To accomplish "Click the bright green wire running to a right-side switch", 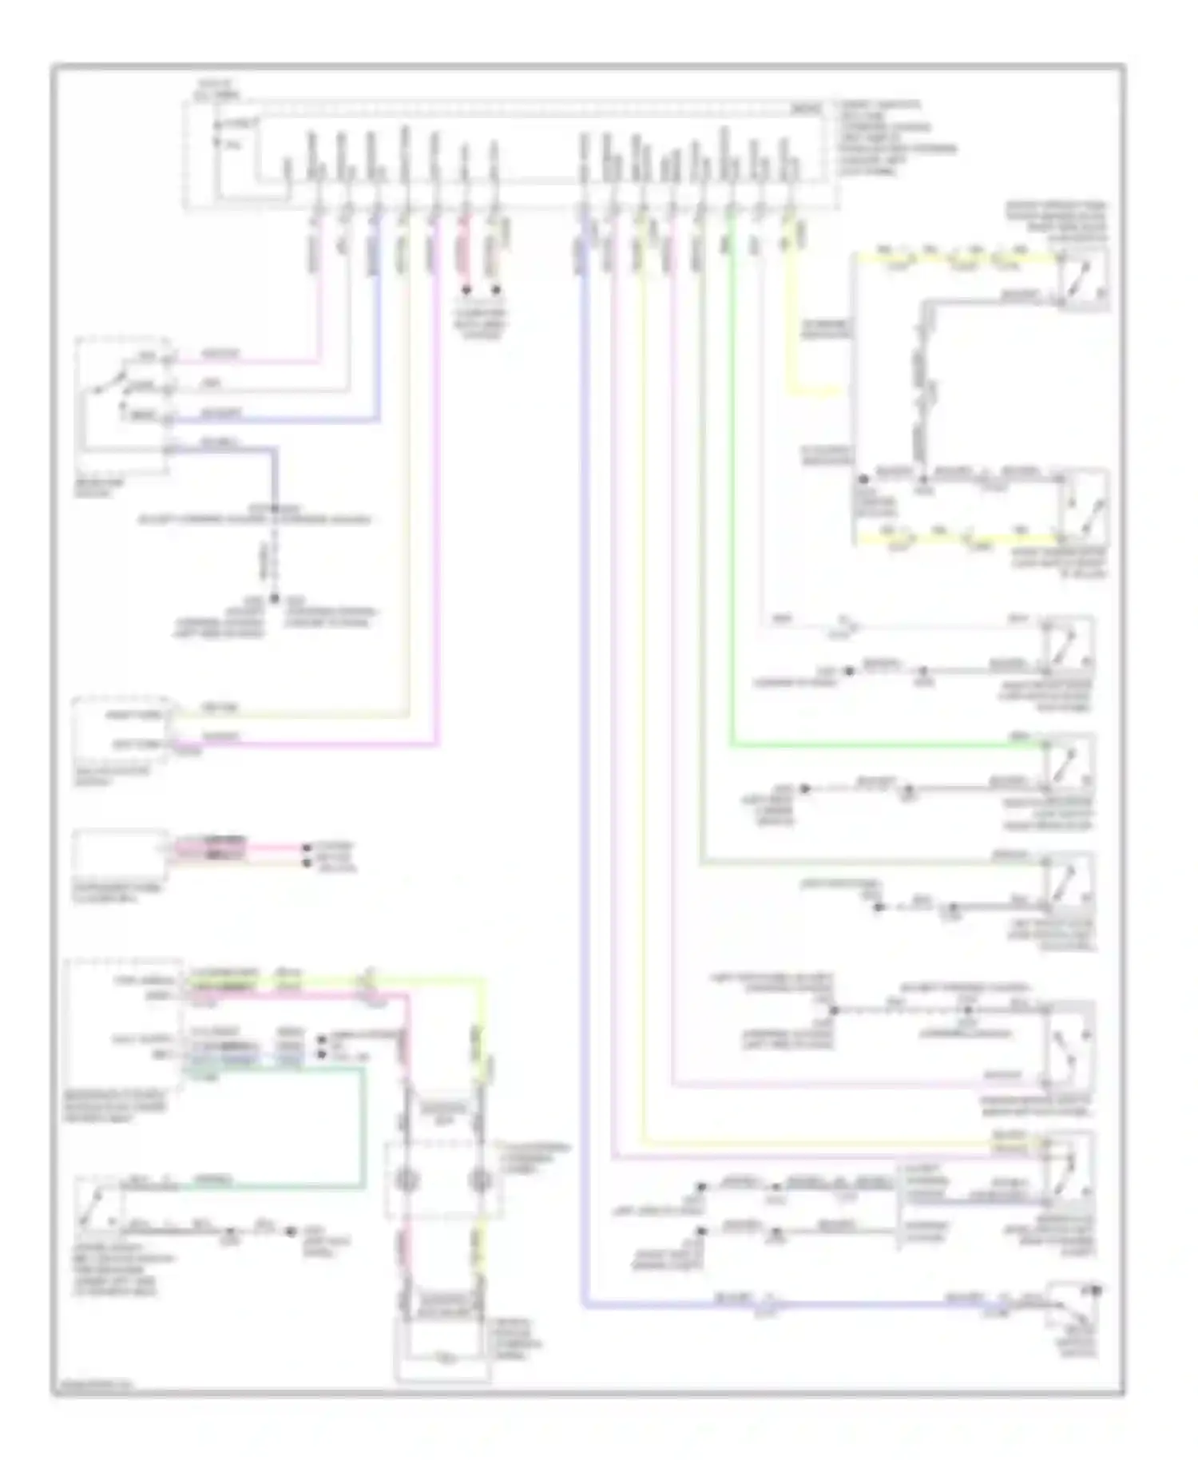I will (730, 559).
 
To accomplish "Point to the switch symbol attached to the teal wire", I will (97, 1198).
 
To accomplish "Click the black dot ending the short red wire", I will (466, 290).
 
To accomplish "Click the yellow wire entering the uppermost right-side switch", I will (958, 257).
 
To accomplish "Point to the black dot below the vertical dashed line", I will (274, 597).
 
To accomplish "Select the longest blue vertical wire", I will (584, 719).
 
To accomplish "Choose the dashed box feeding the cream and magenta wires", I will (120, 731).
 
